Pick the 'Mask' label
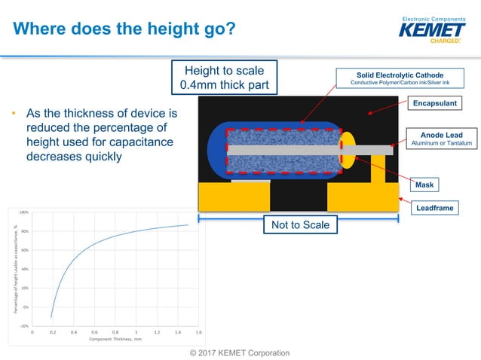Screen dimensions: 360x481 pyautogui.click(x=426, y=184)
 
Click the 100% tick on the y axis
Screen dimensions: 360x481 pyautogui.click(x=24, y=212)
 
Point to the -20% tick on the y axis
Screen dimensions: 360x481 pyautogui.click(x=24, y=326)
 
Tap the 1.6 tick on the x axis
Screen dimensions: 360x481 pyautogui.click(x=198, y=332)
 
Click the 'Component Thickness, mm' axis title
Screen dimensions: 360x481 pyautogui.click(x=115, y=340)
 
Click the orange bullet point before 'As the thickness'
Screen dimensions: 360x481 pyautogui.click(x=13, y=114)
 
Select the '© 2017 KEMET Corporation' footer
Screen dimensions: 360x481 pyautogui.click(x=239, y=353)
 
